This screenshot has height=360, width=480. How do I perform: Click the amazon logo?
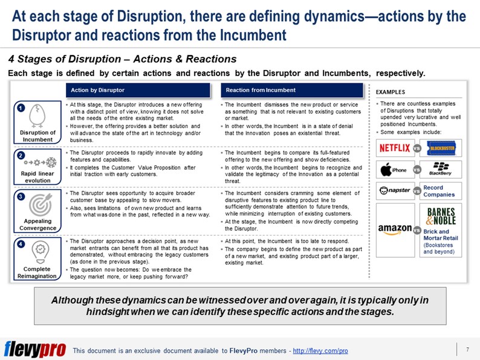pos(394,228)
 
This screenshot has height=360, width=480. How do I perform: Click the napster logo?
pos(394,191)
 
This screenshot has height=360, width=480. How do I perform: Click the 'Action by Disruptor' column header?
pos(98,90)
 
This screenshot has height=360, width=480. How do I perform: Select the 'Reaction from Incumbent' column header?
pos(261,90)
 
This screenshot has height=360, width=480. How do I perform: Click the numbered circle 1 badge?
pos(21,108)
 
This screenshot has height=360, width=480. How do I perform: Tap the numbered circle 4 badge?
pos(21,245)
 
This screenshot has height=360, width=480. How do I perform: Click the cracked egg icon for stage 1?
pos(38,115)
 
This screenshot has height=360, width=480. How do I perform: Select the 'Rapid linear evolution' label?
pos(38,176)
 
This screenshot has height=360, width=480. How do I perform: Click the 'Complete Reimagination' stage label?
pos(38,272)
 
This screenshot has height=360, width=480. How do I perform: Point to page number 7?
pos(467,350)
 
